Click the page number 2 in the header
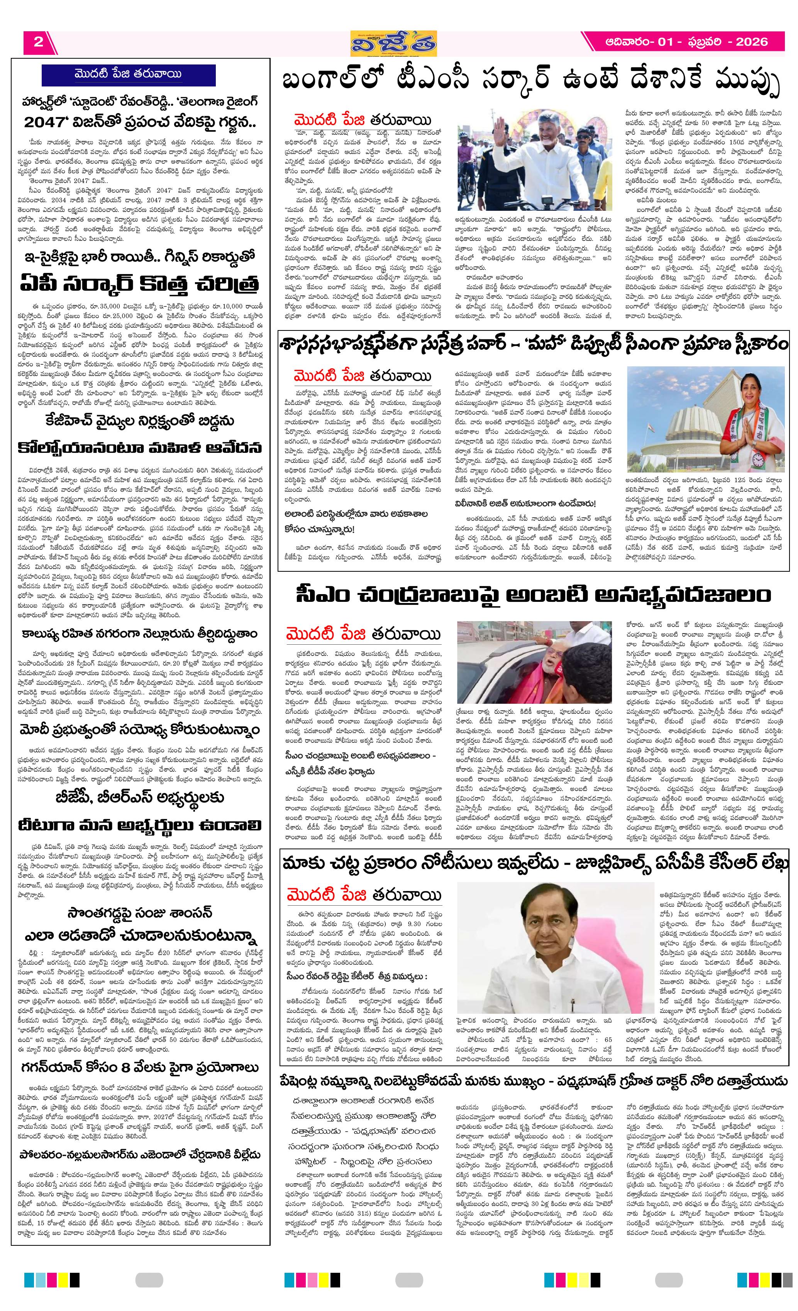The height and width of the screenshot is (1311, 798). tap(38, 42)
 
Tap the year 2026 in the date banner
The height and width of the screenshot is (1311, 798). tap(751, 42)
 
